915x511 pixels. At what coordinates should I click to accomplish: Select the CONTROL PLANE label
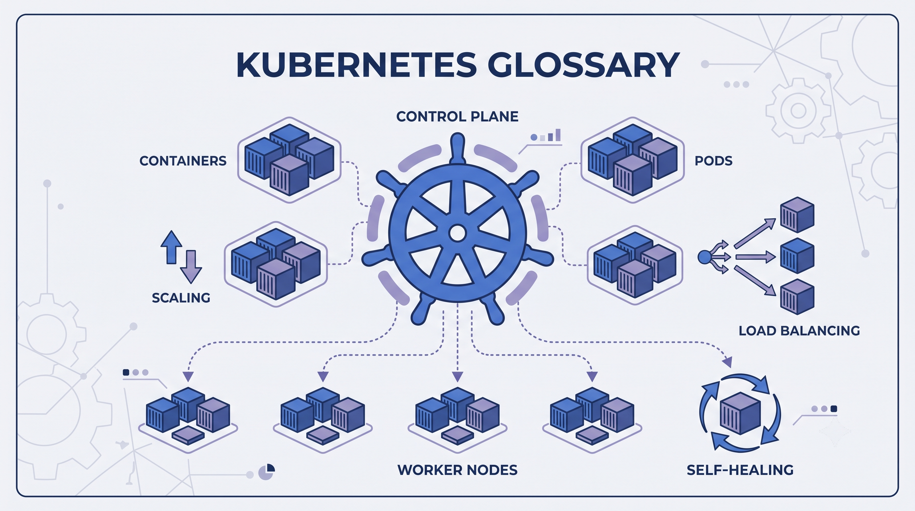point(457,116)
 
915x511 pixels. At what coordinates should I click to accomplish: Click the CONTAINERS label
point(183,161)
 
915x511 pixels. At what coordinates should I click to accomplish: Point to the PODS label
point(713,161)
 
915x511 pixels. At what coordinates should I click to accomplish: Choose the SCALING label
point(181,298)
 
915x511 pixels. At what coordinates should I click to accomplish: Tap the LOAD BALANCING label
point(799,331)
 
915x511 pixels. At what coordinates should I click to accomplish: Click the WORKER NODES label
point(457,470)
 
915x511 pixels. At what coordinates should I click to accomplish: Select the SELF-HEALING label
point(740,470)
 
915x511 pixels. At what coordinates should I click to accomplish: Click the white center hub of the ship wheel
point(457,233)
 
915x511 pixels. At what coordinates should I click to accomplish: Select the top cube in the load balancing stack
point(797,215)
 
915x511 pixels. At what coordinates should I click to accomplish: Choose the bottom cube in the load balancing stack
point(797,297)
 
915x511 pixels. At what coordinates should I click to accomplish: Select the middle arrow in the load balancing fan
point(755,256)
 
